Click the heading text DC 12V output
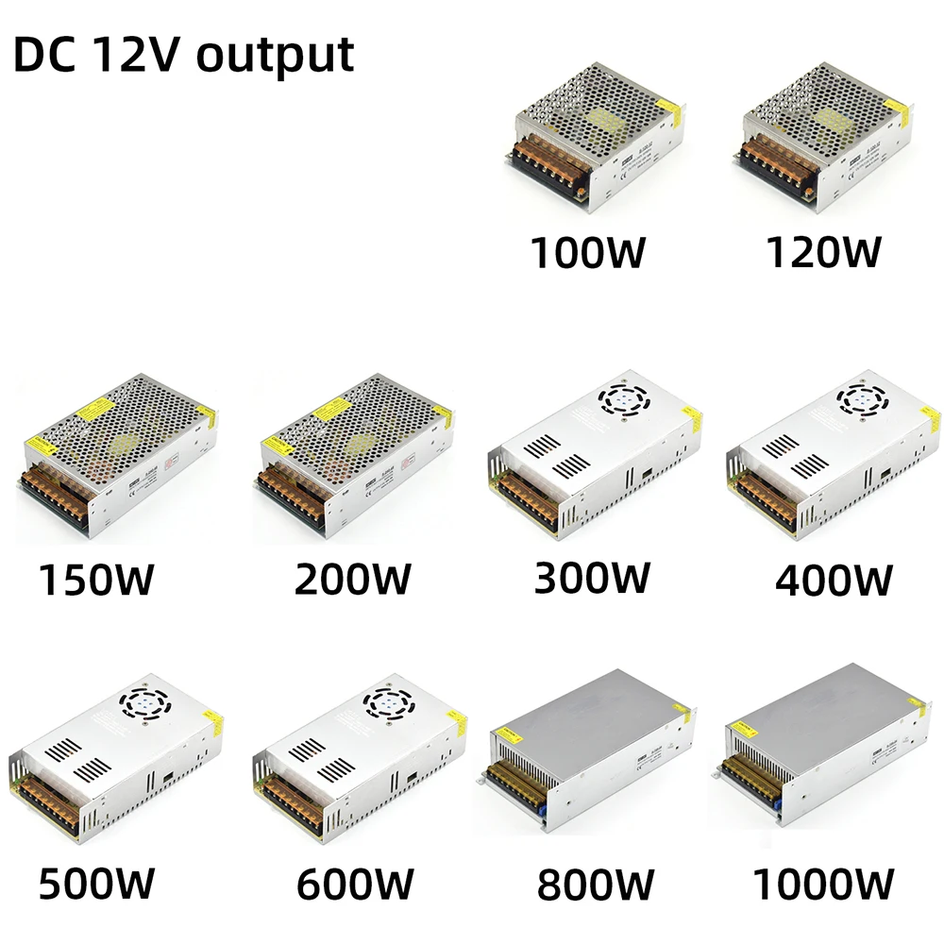click(x=184, y=54)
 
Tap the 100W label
click(x=588, y=252)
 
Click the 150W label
click(x=95, y=579)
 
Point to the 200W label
click(x=352, y=579)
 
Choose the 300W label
click(x=592, y=577)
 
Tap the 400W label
click(x=834, y=579)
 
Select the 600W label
click(x=355, y=884)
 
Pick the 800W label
click(x=595, y=885)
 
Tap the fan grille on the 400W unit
click(x=862, y=400)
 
